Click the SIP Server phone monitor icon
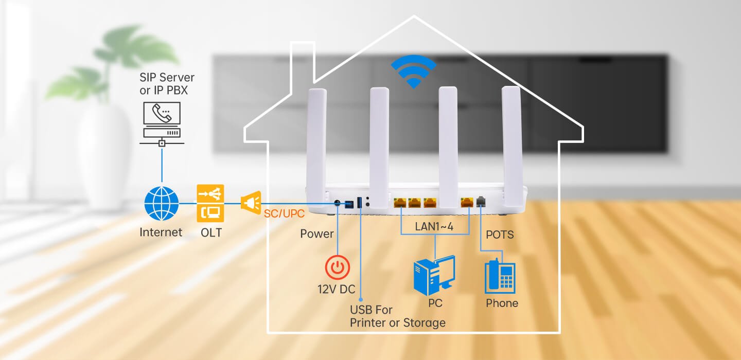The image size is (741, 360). tap(161, 122)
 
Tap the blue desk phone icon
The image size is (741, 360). tap(500, 276)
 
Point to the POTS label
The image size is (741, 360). tap(500, 235)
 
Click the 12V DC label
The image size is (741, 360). tap(337, 290)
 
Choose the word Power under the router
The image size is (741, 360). tap(317, 234)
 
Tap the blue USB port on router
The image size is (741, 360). tap(360, 203)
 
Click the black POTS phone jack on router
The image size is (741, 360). tap(482, 202)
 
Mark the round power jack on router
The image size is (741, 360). tap(338, 204)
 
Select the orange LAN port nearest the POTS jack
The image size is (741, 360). tap(467, 202)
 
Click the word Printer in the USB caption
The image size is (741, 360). tap(370, 323)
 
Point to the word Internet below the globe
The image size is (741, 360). tap(161, 232)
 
